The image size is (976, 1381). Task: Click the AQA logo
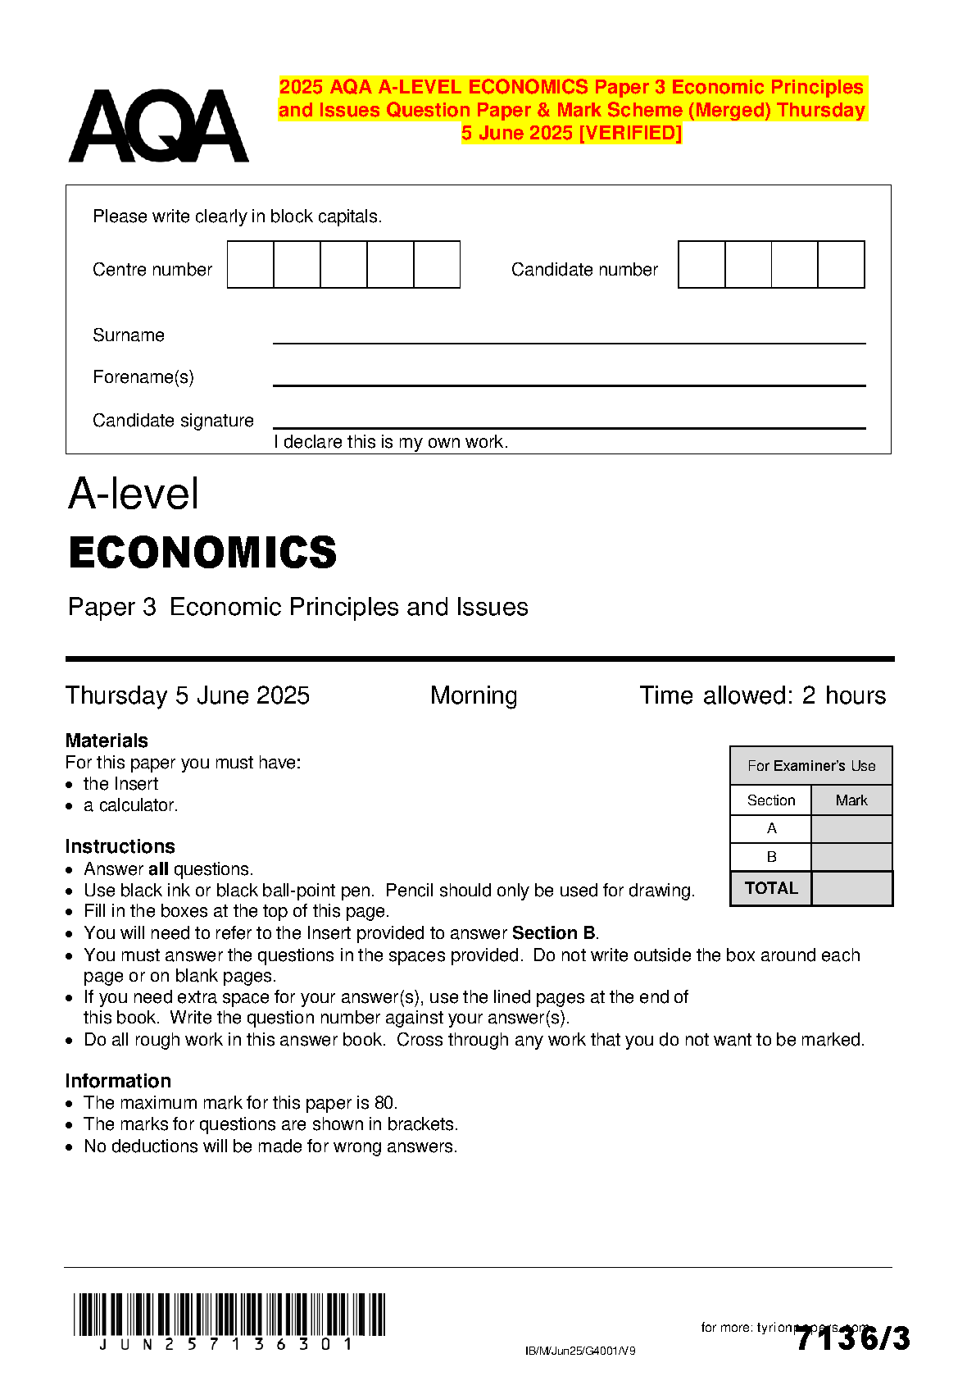click(x=158, y=126)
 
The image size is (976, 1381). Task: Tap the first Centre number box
click(x=250, y=265)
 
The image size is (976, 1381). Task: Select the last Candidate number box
click(x=841, y=265)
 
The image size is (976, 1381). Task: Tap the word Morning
click(x=474, y=695)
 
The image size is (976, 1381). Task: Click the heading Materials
click(x=107, y=741)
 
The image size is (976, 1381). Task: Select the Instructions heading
click(x=120, y=846)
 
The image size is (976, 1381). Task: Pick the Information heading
click(x=118, y=1081)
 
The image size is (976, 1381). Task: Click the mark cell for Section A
click(x=851, y=829)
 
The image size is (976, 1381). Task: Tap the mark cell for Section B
click(x=851, y=857)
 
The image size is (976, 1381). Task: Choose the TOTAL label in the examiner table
click(x=771, y=888)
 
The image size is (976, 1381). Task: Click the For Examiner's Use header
click(x=811, y=766)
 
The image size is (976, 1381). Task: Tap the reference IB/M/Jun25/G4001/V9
click(x=580, y=1351)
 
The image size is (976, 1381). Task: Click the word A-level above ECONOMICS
click(x=134, y=494)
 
